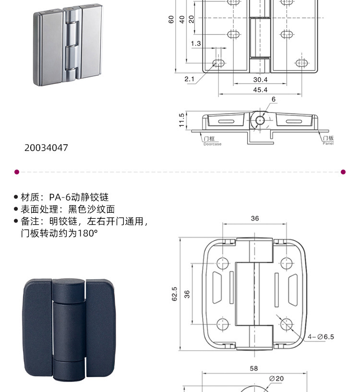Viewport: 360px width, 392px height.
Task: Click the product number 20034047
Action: tap(46, 147)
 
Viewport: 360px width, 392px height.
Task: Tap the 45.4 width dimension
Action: tap(260, 90)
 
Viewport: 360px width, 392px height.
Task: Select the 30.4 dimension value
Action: tap(260, 80)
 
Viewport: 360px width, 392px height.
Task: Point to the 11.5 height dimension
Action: tap(181, 120)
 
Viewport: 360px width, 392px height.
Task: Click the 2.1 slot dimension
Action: tap(189, 79)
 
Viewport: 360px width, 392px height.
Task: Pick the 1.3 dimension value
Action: tap(195, 44)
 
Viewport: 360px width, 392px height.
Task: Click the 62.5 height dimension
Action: tap(174, 294)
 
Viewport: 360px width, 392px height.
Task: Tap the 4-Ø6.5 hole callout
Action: tap(321, 337)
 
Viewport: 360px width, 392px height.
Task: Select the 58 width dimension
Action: tap(254, 368)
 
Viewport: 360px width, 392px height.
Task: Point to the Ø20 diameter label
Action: tap(277, 379)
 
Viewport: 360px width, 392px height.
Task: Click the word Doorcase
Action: tap(212, 144)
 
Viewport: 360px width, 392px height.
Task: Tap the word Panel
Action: tap(328, 144)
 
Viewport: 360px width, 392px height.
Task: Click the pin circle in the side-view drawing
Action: tap(260, 120)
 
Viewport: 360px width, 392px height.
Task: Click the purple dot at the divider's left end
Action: tap(17, 171)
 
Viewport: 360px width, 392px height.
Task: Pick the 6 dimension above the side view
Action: tap(274, 99)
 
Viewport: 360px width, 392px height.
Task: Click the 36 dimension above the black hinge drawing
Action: tap(254, 218)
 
